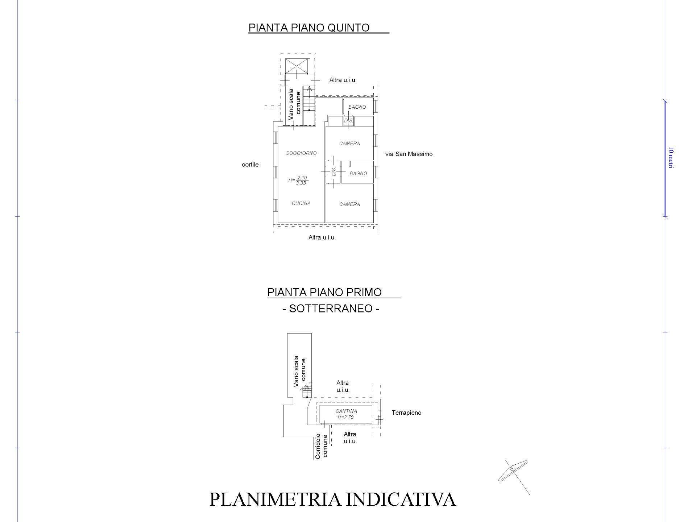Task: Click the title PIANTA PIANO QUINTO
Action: coord(309,28)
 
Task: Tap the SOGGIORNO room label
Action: coord(301,153)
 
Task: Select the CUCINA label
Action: coord(301,203)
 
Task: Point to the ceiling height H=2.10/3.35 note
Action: coord(298,180)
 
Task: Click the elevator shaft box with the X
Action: coord(297,66)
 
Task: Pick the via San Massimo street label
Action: coord(409,154)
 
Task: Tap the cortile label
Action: coord(250,165)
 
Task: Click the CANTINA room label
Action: coord(346,411)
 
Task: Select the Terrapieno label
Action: coord(406,413)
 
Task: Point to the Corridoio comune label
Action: coord(322,446)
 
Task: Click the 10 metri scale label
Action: coord(670,157)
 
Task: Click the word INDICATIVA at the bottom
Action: coord(401,499)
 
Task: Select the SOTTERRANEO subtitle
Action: coord(331,308)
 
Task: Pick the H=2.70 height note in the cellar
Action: coord(345,417)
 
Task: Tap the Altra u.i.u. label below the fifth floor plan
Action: coord(322,237)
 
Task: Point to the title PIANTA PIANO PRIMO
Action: coord(324,292)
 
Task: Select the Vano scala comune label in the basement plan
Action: coord(299,371)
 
